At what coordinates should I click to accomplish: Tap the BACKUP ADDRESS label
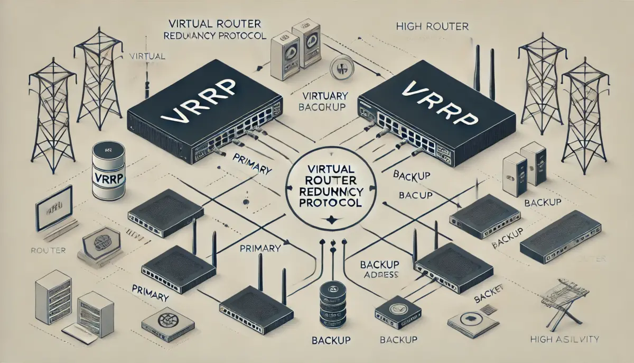pyautogui.click(x=378, y=269)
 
